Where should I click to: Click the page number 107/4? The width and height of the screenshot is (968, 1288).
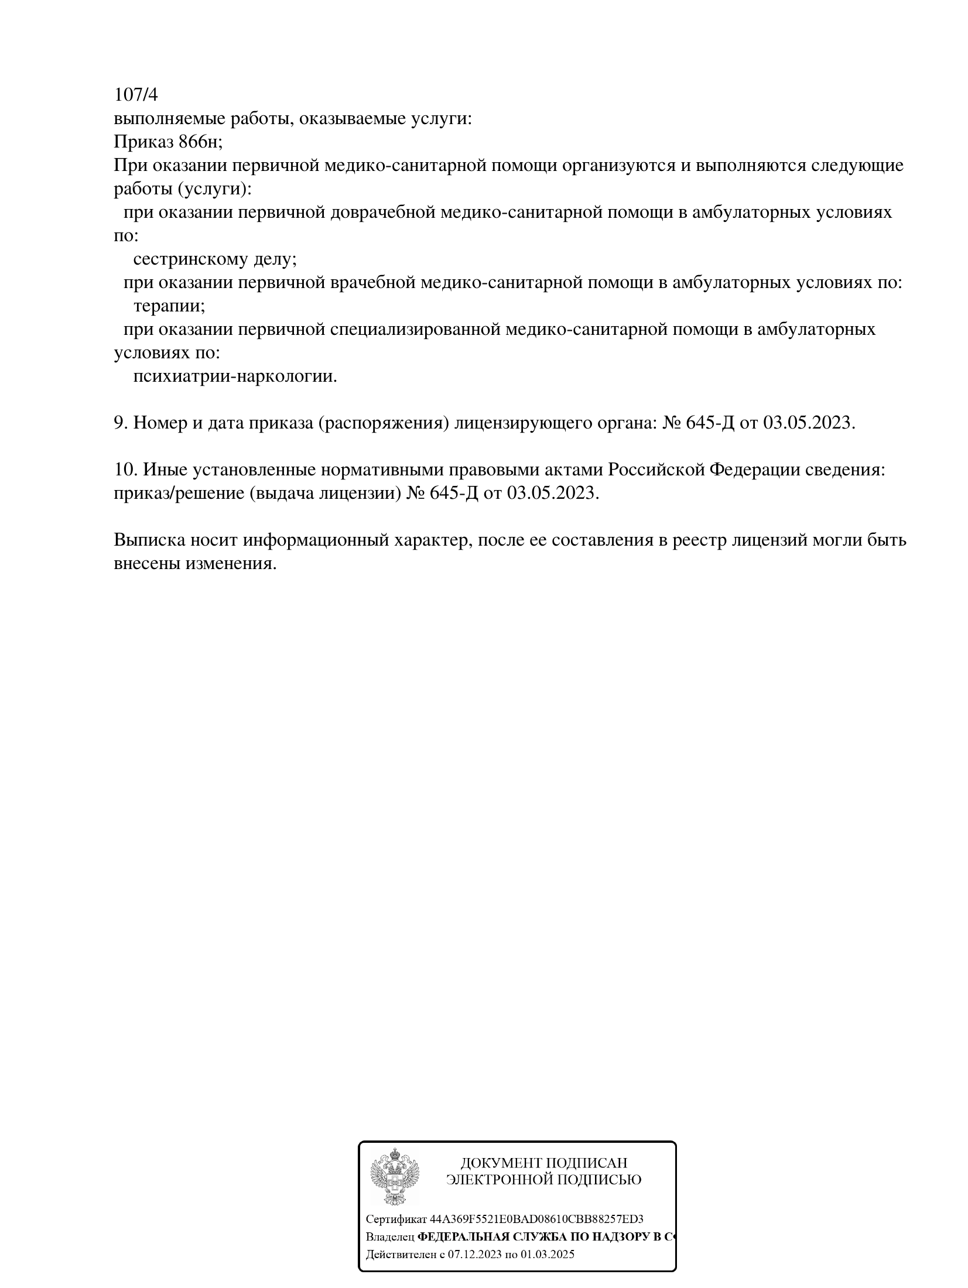136,94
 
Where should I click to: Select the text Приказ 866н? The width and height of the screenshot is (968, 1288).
168,142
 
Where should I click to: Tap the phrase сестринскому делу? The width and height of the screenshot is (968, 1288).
215,259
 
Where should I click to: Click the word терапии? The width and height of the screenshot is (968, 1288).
169,306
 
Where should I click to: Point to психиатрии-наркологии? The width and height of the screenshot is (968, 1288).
235,376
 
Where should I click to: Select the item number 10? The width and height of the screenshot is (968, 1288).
125,470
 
